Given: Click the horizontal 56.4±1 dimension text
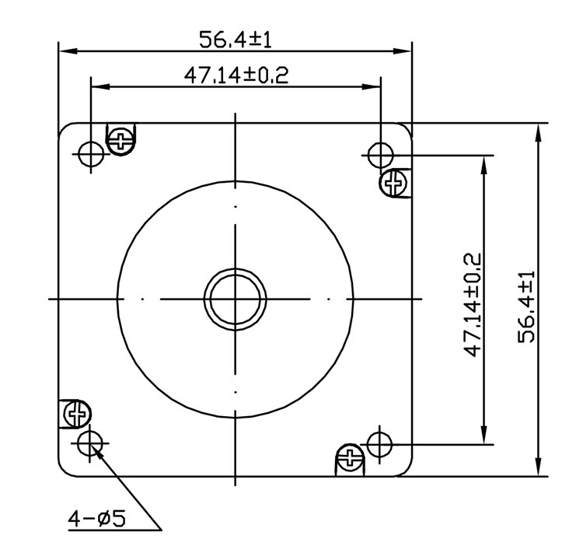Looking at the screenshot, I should (236, 39).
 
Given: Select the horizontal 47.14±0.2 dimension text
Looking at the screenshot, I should (236, 75).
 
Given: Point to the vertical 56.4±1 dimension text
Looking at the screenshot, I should (528, 306).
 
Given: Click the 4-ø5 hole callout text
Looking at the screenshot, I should (97, 518).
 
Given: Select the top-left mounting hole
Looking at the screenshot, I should (91, 155).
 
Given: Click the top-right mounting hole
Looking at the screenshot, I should (379, 155).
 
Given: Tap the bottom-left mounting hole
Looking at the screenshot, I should (91, 443).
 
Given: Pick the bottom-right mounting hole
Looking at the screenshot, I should (379, 445).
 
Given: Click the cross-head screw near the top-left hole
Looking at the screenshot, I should (123, 141).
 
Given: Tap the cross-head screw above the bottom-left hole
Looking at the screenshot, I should (76, 414).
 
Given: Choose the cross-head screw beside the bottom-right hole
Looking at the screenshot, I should (350, 457).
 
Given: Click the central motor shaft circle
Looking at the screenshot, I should (236, 299).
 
